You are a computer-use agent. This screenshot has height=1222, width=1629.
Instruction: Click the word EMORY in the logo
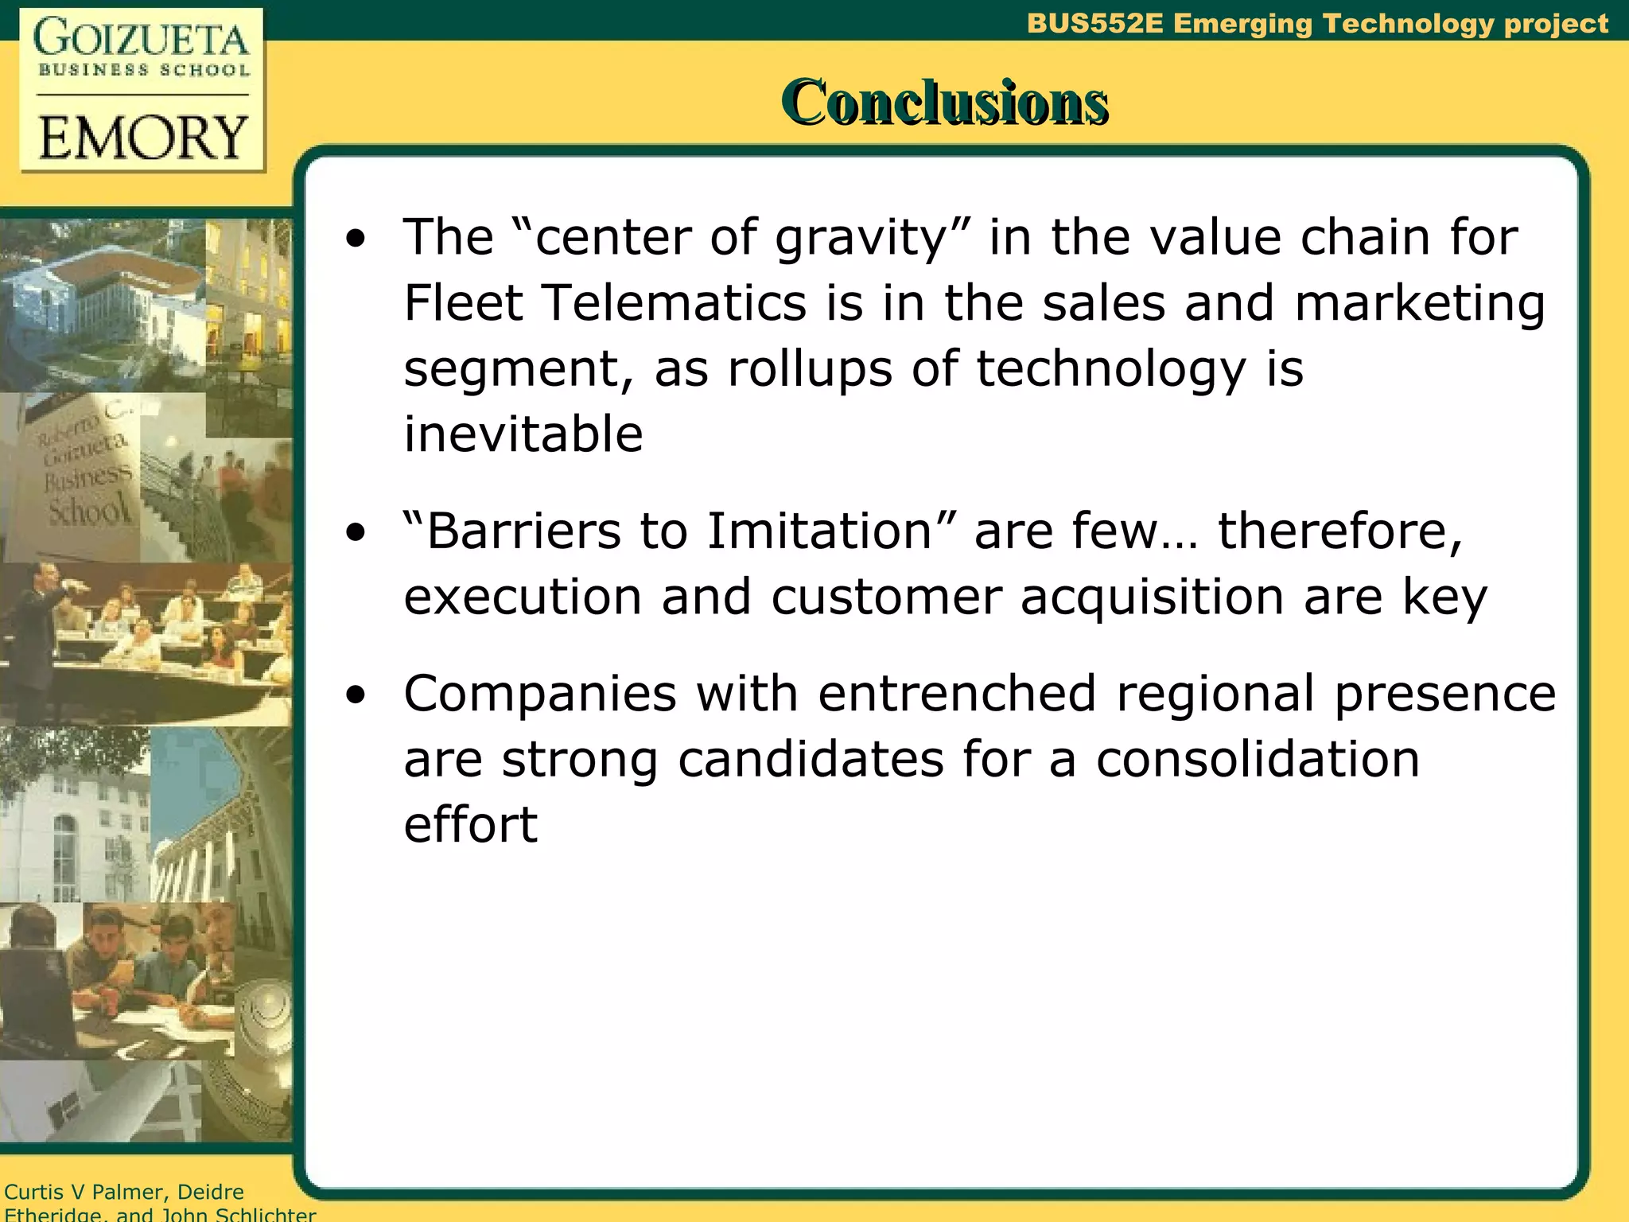point(142,138)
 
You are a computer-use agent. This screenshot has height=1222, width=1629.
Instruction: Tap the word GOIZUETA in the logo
point(142,40)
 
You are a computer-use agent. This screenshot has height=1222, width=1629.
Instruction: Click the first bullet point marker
point(356,238)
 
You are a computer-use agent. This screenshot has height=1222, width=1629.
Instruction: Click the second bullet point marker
point(356,532)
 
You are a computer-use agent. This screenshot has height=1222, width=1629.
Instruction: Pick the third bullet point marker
point(356,695)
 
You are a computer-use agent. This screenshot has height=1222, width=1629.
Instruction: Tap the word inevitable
point(523,434)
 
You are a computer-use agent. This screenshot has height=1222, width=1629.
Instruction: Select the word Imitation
point(819,531)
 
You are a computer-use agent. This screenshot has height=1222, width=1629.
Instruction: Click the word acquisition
point(1152,597)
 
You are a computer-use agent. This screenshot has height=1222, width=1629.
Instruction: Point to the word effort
point(470,824)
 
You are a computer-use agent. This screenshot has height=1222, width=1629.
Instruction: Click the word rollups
point(810,369)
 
